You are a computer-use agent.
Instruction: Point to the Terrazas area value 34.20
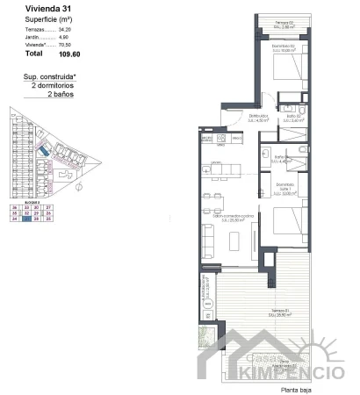click(x=64, y=30)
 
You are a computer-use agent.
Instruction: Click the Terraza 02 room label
click(x=282, y=22)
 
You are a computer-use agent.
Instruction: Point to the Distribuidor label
click(x=257, y=116)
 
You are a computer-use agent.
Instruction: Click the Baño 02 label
click(x=294, y=117)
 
